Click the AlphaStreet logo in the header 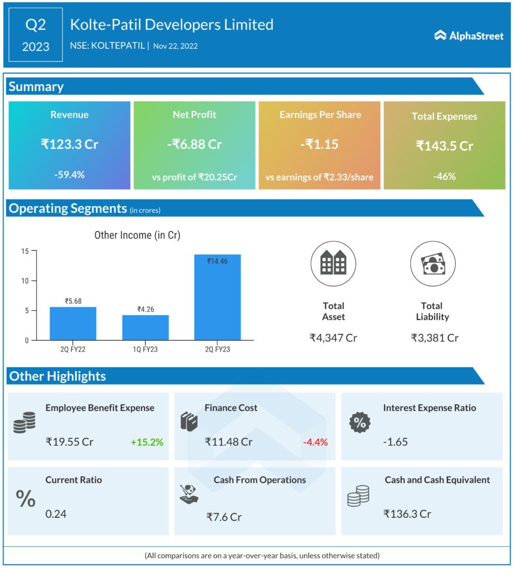(469, 36)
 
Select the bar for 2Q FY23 (217, 297)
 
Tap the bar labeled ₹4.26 (145, 327)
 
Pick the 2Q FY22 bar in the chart (73, 323)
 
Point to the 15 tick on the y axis (25, 251)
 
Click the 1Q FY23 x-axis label (145, 349)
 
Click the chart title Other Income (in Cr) (137, 235)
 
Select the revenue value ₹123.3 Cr (69, 144)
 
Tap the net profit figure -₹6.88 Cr (194, 144)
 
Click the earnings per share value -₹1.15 (320, 144)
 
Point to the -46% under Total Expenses (445, 176)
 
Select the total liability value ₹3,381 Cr (435, 337)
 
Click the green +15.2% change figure (147, 442)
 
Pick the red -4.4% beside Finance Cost (315, 442)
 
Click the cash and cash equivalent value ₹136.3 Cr (407, 514)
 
